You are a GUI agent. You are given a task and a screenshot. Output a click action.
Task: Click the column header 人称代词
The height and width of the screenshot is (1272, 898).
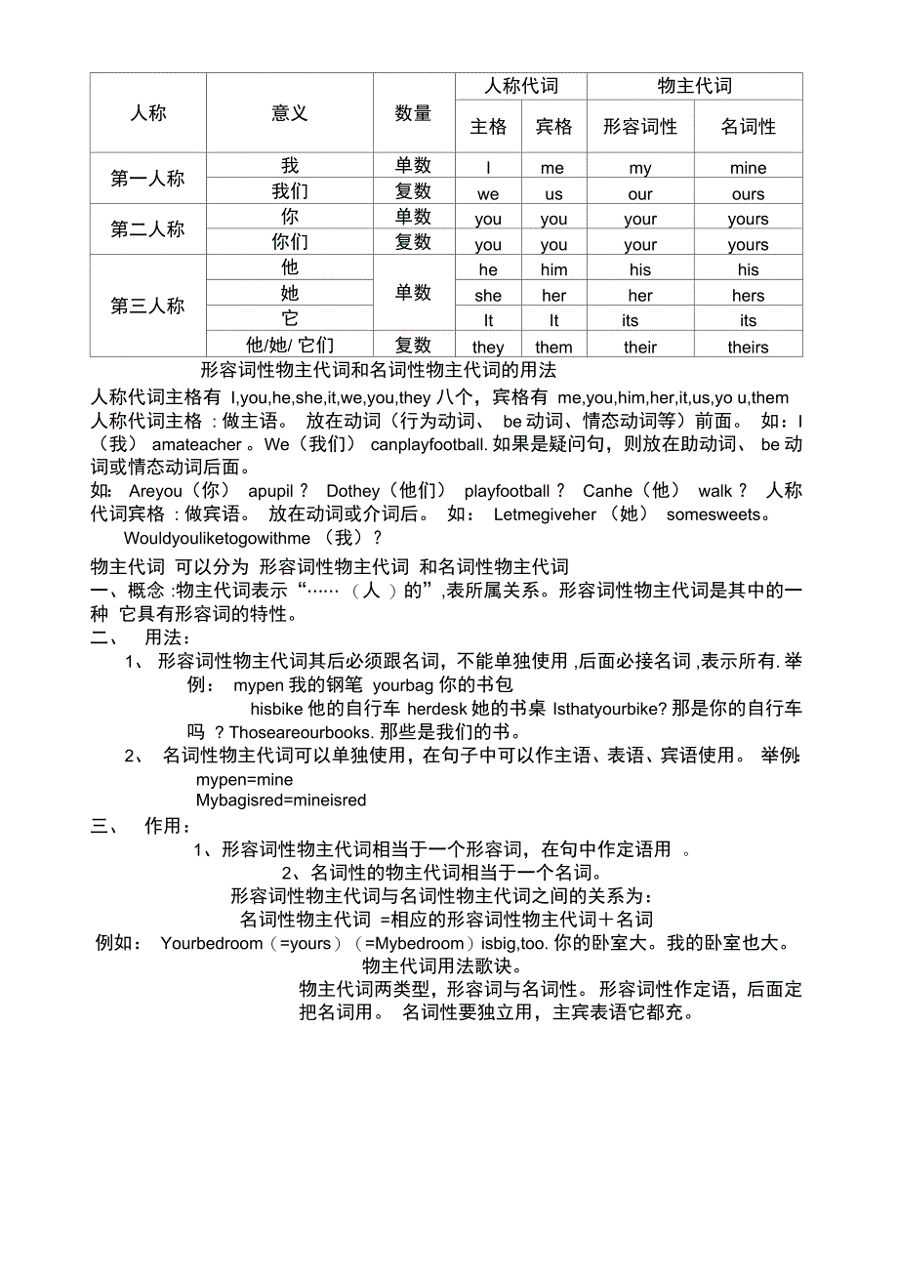coord(521,86)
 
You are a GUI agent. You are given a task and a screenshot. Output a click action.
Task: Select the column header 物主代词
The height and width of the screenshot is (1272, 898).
coord(694,86)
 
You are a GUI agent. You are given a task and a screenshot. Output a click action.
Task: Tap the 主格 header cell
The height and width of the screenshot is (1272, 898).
coord(488,127)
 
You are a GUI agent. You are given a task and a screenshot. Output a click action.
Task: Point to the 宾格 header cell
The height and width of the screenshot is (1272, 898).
coord(553,127)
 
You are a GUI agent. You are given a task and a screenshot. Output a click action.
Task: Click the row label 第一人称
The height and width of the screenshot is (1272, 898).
coord(147,179)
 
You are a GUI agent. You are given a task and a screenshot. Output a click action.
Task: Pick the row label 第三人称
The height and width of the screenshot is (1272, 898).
coord(147,307)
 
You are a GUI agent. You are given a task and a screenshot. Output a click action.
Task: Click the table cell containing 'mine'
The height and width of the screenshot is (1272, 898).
coord(748,168)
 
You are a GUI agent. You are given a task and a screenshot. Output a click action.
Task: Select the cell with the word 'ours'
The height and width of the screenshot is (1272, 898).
coord(748,194)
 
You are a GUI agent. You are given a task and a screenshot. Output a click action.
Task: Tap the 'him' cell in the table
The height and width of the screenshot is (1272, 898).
coord(553,270)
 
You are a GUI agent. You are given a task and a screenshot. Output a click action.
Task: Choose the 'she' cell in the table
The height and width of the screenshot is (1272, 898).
coord(488,296)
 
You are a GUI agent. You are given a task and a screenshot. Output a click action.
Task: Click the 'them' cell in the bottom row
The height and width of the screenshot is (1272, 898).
coord(553,348)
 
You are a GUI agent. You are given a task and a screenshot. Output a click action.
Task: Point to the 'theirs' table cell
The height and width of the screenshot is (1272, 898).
coord(748,348)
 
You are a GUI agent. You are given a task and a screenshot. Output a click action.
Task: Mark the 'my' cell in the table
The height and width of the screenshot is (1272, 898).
coord(640,168)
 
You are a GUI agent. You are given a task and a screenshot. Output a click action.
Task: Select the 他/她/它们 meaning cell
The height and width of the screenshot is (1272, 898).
coord(290,346)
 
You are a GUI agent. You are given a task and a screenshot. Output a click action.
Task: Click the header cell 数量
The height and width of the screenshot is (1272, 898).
coord(413,114)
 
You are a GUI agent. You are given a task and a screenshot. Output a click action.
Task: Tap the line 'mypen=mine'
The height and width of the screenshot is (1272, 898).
coord(244,780)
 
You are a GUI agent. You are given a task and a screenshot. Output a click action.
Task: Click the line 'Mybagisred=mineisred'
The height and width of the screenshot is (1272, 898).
coord(281,800)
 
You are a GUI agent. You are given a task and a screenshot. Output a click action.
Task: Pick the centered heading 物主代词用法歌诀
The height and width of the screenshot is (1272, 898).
coord(437,966)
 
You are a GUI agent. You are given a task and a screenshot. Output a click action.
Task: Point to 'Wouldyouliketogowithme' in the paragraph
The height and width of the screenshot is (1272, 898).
coord(217,539)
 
